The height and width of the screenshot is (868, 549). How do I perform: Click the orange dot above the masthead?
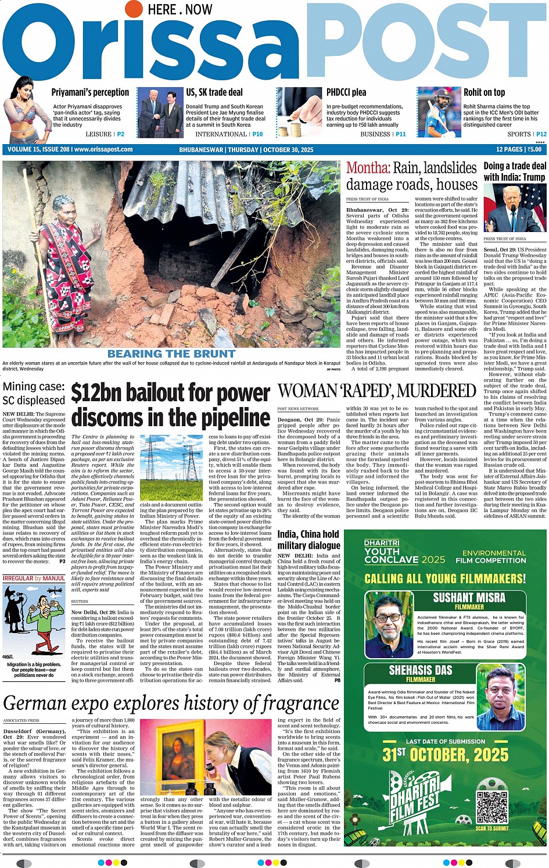tap(134, 9)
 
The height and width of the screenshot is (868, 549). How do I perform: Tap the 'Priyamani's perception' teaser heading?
tap(90, 92)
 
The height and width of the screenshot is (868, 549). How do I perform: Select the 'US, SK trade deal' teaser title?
tap(214, 92)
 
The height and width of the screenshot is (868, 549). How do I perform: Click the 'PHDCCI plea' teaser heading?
tap(346, 92)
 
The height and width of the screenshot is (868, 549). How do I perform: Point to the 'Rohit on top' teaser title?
tap(484, 92)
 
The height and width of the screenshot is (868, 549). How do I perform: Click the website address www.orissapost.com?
tap(103, 149)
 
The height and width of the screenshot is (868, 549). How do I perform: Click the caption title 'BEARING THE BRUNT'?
tap(171, 353)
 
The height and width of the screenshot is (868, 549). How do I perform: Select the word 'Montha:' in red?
tap(368, 168)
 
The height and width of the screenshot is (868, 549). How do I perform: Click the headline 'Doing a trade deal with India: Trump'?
tap(514, 172)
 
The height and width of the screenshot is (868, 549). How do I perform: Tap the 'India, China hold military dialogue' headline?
tap(308, 540)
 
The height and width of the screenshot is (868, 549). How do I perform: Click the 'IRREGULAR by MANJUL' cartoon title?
tap(34, 578)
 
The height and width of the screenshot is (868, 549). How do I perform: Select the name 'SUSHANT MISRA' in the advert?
tap(469, 598)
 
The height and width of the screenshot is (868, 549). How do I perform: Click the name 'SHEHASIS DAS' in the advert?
tap(420, 670)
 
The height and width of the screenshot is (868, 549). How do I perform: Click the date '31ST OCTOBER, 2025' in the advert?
tap(445, 755)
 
